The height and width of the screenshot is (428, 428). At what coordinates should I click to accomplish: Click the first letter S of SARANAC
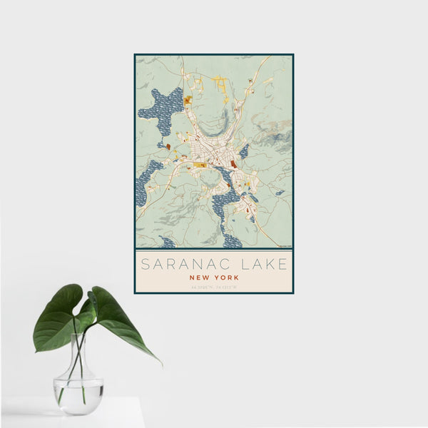pyautogui.click(x=145, y=265)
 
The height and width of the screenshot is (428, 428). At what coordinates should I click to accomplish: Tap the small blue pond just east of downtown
pyautogui.click(x=244, y=151)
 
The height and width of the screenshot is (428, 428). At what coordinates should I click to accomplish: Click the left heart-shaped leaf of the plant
pyautogui.click(x=58, y=320)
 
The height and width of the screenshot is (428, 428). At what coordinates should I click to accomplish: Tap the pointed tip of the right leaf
pyautogui.click(x=160, y=363)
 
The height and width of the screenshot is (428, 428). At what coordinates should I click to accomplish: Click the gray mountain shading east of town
pyautogui.click(x=275, y=136)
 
